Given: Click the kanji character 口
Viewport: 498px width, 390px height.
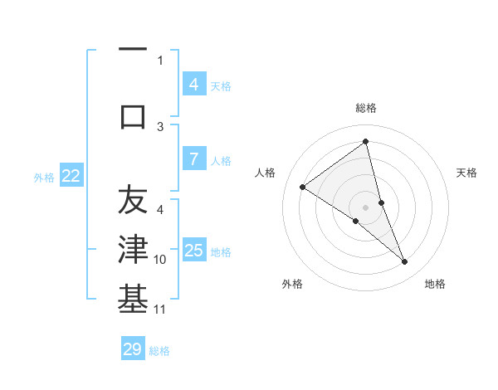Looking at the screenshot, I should point(133,117).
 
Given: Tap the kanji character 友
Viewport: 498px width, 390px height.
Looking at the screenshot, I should point(133,200).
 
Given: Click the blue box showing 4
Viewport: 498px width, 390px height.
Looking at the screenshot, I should point(193,84).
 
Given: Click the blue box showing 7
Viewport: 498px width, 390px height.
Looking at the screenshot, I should point(193,158).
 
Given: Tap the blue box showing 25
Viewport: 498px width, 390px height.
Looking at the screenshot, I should point(193,250).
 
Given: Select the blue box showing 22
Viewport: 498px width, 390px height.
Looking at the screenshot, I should point(71,175).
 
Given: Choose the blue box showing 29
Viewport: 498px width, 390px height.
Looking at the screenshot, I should point(133,349).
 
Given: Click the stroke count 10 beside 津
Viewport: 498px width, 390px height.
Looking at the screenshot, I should point(160,260).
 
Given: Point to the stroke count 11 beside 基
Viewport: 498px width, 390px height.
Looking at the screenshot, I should point(160,310).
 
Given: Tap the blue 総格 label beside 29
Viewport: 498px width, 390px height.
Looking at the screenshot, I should point(159,351).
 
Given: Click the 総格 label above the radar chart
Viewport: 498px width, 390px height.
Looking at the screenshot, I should point(366,108).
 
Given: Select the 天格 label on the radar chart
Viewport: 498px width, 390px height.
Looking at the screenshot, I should point(467,173).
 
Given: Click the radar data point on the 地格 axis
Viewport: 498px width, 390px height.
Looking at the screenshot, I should point(405,262).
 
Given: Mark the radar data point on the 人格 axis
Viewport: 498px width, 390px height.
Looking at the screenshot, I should point(302,187).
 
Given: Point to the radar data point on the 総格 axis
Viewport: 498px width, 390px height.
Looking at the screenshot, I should point(366,141).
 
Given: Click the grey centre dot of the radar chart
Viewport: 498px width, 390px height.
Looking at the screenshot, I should point(366,207).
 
